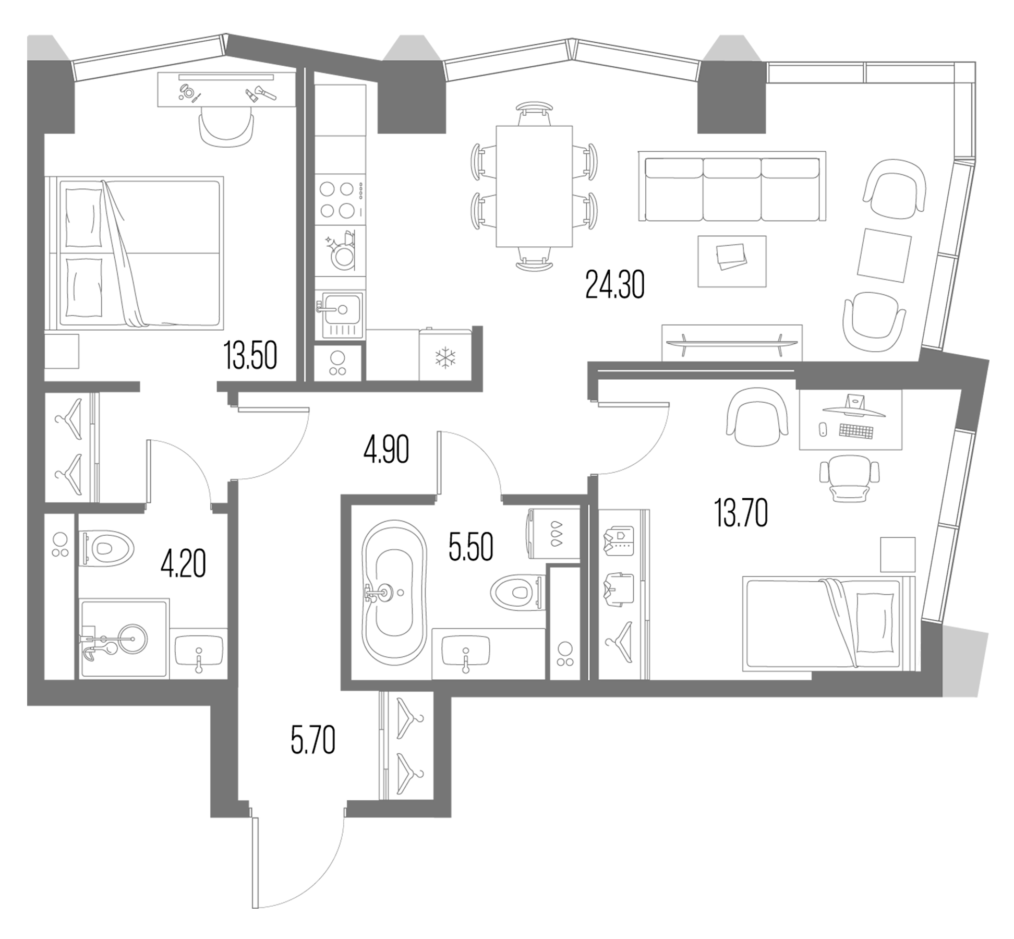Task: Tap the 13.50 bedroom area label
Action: pyautogui.click(x=250, y=355)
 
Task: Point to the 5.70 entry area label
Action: pyautogui.click(x=312, y=740)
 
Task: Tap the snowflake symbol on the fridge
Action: pyautogui.click(x=445, y=358)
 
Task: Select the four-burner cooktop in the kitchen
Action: pyautogui.click(x=337, y=199)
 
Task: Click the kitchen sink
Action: pyautogui.click(x=342, y=309)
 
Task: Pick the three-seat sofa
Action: pyautogui.click(x=731, y=189)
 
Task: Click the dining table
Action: pyautogui.click(x=534, y=186)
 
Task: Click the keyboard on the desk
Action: pyautogui.click(x=855, y=431)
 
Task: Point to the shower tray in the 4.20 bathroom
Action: pyautogui.click(x=124, y=639)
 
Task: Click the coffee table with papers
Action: pyautogui.click(x=732, y=261)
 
